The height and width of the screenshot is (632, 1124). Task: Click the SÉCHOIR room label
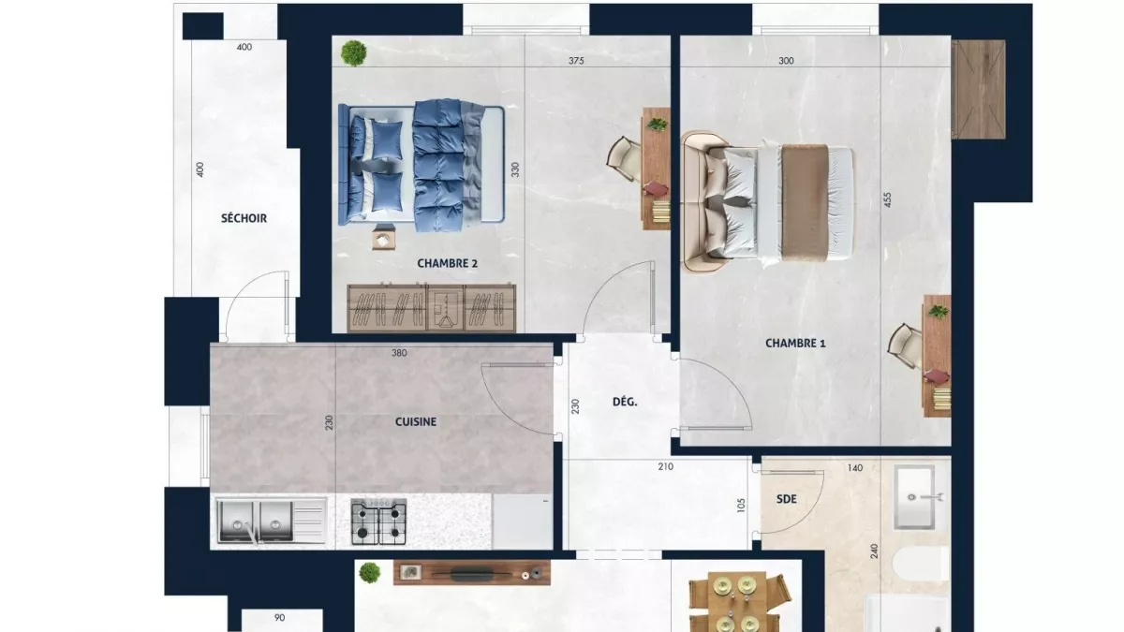pyautogui.click(x=244, y=218)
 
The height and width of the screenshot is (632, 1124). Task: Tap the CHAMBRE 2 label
pyautogui.click(x=447, y=264)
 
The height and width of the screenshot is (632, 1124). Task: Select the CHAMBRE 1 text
pyautogui.click(x=795, y=343)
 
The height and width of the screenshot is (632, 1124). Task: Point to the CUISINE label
pyautogui.click(x=415, y=421)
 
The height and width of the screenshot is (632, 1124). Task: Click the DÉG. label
pyautogui.click(x=625, y=402)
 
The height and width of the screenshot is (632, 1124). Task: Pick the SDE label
pyautogui.click(x=787, y=499)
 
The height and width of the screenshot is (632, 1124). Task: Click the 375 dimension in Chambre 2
pyautogui.click(x=576, y=62)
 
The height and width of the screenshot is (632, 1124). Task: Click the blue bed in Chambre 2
pyautogui.click(x=421, y=163)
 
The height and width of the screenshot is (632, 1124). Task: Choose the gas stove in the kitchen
pyautogui.click(x=378, y=522)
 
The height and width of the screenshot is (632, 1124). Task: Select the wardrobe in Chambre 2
pyautogui.click(x=432, y=307)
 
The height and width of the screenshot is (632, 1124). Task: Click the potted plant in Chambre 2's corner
pyautogui.click(x=353, y=52)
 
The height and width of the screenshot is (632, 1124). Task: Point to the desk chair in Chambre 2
pyautogui.click(x=622, y=156)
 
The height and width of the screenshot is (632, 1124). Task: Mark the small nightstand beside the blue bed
pyautogui.click(x=383, y=241)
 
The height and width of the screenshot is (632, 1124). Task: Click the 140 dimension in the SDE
pyautogui.click(x=854, y=466)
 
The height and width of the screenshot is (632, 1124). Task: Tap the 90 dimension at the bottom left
pyautogui.click(x=279, y=618)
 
